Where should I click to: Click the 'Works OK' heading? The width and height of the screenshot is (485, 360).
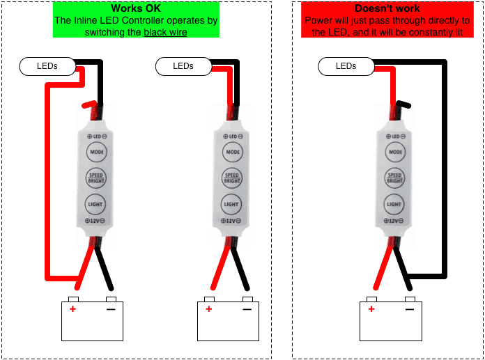136,8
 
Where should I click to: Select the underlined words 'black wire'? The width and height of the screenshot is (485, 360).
166,32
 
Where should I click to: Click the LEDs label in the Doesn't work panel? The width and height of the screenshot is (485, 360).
346,66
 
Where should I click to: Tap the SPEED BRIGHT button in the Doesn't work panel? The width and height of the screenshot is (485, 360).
394,178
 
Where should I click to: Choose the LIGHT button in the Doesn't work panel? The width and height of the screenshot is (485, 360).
394,205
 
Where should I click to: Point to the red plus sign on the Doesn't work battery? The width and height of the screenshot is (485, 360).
371,308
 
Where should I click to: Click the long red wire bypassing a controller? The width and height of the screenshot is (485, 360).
47,181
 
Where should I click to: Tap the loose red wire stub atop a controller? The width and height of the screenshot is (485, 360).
88,105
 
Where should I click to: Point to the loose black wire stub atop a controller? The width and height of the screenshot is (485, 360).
404,105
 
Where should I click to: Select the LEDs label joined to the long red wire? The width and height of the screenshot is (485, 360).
47,66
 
